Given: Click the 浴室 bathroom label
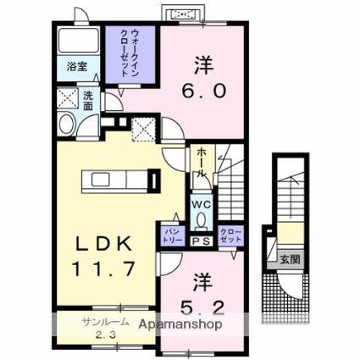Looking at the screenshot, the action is coord(77,67).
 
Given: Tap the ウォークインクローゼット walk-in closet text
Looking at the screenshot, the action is coord(130,53).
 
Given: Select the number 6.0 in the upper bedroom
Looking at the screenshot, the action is coord(203,91).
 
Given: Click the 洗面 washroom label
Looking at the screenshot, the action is coord(88,101).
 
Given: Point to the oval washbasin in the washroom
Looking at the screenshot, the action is coord(67,124).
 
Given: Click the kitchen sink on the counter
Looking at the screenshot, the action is coord(100,180).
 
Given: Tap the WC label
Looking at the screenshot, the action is coord(202,204).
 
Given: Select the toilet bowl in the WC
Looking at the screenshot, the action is coord(202,220).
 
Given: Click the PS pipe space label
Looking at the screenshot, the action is coord(202,241).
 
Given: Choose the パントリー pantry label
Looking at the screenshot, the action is coord(171,236).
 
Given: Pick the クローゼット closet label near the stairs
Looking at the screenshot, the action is coord(231,236).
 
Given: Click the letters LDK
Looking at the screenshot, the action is coord(104,243).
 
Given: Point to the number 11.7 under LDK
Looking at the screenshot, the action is coord(103,269).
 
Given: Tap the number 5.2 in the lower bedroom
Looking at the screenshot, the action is coord(202,307).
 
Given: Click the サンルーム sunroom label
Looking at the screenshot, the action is coord(105,322).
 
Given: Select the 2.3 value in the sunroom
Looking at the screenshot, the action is coord(106,335).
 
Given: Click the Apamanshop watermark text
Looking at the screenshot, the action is coord(180,324).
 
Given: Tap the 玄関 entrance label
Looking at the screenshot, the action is coord(290,258).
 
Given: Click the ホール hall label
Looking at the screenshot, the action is coord(202,163).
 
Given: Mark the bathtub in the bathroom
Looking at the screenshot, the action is coord(78,40).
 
